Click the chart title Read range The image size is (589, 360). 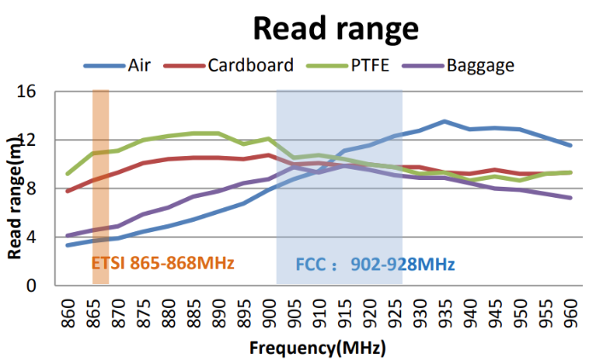coord(335,28)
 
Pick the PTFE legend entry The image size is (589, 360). coord(370,65)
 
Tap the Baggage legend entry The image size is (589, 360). coord(481,65)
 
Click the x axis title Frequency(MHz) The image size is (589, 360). coord(318,348)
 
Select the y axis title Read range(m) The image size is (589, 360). coord(15,202)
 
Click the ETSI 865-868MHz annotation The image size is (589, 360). coord(162,263)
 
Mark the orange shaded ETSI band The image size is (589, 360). coord(100,188)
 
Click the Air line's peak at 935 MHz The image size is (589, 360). coord(445,121)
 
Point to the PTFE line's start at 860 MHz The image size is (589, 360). coord(67,174)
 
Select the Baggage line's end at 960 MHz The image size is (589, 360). coord(571,198)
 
